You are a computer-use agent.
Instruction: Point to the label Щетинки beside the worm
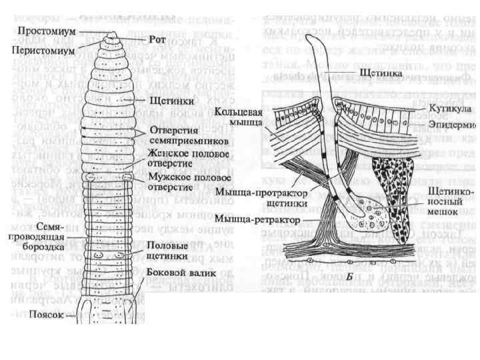pyautogui.click(x=164, y=101)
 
